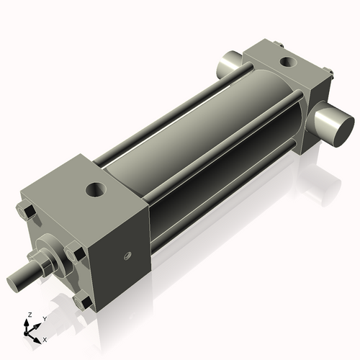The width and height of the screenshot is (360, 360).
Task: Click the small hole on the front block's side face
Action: (127, 256)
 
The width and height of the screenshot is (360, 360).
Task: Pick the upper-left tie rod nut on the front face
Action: (27, 212)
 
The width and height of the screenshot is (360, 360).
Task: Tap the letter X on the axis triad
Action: (45, 338)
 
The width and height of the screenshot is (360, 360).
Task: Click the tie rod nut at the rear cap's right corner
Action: (328, 71)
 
